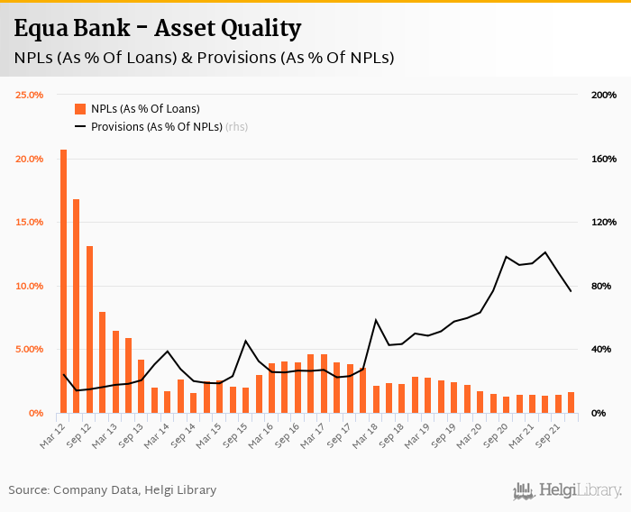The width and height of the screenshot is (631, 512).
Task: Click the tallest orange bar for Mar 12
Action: (x=63, y=280)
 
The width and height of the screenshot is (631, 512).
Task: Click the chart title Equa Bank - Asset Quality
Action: (x=158, y=29)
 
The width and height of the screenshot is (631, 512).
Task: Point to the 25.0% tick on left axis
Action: (x=30, y=95)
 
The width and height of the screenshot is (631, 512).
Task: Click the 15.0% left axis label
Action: (x=30, y=222)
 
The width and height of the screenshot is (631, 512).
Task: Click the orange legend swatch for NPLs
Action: (x=79, y=109)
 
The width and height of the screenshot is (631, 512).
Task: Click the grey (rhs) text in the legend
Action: (x=236, y=127)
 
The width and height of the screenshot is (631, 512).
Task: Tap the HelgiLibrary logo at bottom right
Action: (x=568, y=490)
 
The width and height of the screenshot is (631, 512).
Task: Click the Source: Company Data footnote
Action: (x=113, y=490)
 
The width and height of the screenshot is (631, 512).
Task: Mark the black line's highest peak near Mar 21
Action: (x=545, y=252)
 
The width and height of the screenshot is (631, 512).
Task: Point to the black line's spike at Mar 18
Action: (x=376, y=320)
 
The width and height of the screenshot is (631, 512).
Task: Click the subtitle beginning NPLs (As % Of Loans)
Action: (x=204, y=59)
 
